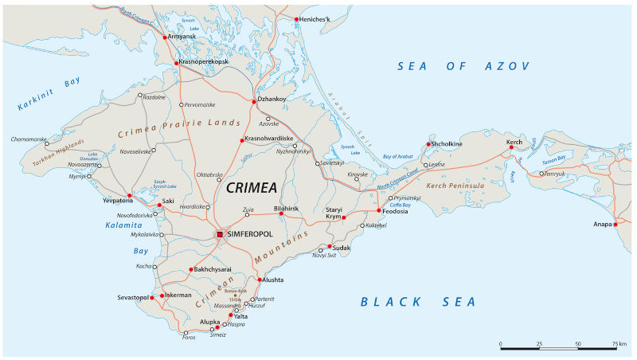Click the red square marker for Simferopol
(221, 234)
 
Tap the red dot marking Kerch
(511, 147)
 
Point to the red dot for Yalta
(231, 315)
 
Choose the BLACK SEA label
(418, 302)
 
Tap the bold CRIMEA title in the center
(252, 188)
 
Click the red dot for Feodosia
(378, 210)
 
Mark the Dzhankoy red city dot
(255, 100)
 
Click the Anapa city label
(601, 225)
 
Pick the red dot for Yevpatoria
(130, 195)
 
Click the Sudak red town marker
(329, 246)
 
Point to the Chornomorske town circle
(46, 143)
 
